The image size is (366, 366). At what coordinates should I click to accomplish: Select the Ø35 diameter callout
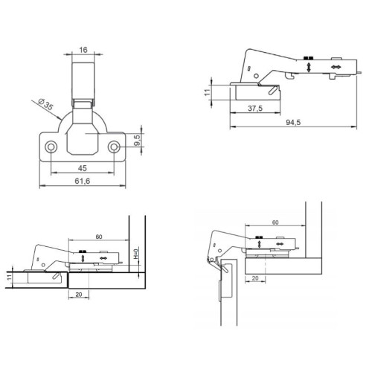(42, 105)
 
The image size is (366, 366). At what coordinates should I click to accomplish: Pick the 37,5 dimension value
(255, 109)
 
